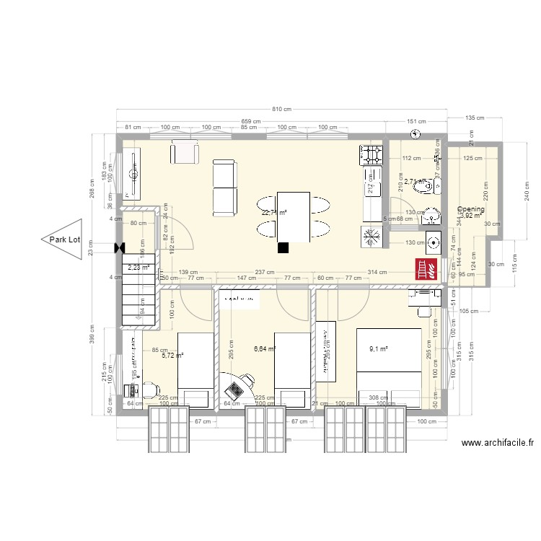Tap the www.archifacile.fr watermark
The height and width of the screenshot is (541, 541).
click(x=498, y=445)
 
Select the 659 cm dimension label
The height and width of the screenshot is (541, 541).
click(x=250, y=120)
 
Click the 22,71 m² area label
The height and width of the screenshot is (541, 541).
click(x=274, y=213)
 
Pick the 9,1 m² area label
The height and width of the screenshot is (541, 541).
click(x=379, y=349)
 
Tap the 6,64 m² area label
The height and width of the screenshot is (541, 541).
click(x=265, y=349)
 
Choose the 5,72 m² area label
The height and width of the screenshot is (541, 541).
click(x=173, y=356)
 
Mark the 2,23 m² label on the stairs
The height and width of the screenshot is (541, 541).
click(x=138, y=268)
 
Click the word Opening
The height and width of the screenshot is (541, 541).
click(x=470, y=209)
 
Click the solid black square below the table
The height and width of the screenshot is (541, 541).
click(x=283, y=247)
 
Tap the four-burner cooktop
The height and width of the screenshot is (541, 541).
click(x=371, y=154)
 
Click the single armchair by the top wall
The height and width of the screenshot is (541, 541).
click(x=184, y=153)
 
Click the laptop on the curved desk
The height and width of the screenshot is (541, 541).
click(x=235, y=390)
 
